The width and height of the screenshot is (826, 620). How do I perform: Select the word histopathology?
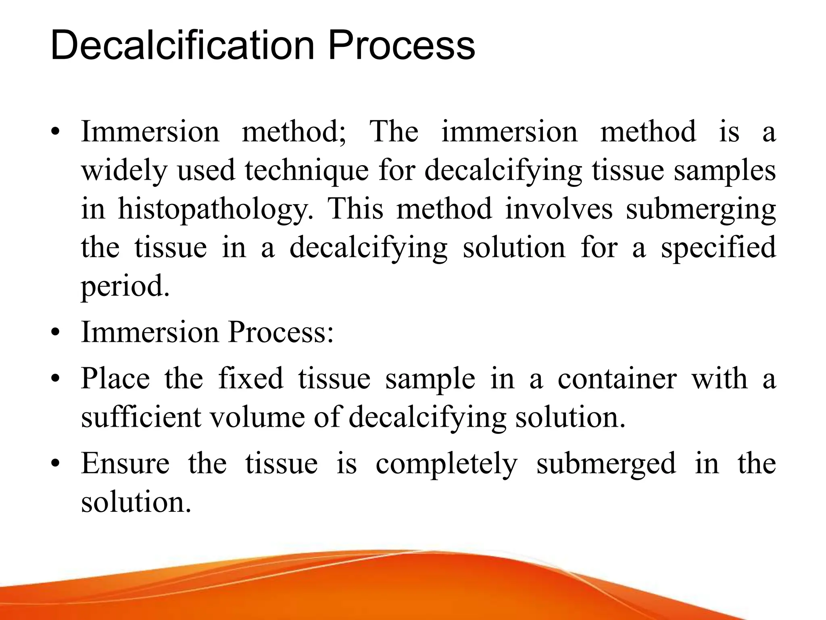(x=215, y=210)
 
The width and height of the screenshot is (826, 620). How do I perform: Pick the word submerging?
(x=701, y=210)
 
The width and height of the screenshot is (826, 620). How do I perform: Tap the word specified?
(x=718, y=248)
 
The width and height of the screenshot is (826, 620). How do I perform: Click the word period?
(x=125, y=287)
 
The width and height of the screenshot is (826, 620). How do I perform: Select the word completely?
(x=446, y=464)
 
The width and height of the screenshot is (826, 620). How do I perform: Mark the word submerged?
(x=606, y=464)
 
